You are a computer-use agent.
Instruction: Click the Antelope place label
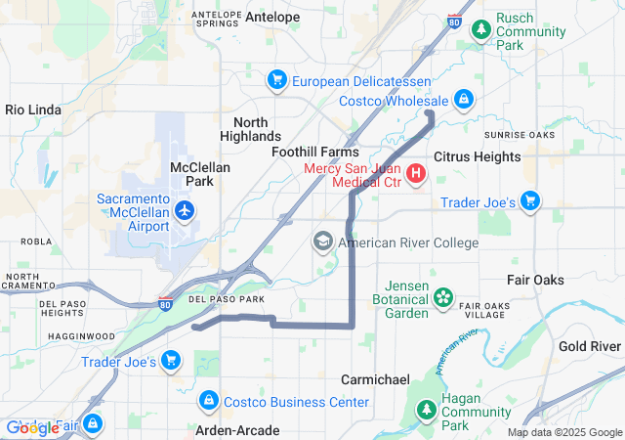272,17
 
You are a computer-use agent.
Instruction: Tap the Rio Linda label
34,110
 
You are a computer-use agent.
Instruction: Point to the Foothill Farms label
314,153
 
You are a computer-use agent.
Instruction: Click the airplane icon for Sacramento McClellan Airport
184,210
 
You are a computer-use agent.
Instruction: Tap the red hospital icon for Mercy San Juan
416,175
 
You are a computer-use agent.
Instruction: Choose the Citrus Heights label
477,156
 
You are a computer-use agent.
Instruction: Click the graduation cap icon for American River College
323,242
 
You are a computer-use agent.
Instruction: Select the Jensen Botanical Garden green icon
443,295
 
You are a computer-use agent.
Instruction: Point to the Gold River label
590,346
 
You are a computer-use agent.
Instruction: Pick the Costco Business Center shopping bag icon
207,401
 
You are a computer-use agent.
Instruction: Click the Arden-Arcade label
238,430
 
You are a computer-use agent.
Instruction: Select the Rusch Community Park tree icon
480,30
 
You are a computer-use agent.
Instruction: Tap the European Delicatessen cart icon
277,78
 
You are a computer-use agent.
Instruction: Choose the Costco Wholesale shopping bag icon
464,101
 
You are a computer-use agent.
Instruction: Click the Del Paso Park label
226,298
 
